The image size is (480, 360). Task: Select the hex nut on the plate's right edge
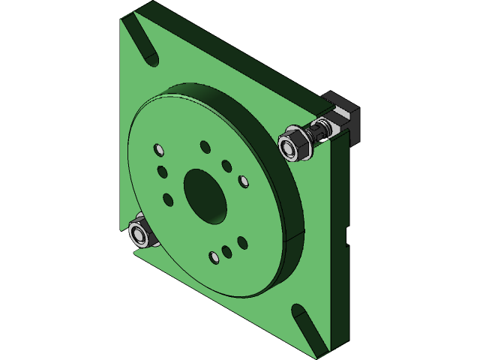pyautogui.click(x=293, y=145)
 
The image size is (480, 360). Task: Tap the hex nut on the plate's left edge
pyautogui.click(x=139, y=233)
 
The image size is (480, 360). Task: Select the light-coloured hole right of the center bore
pyautogui.click(x=243, y=181)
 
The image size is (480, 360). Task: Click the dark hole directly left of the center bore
pyautogui.click(x=167, y=199)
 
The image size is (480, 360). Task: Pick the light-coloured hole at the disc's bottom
pyautogui.click(x=214, y=258)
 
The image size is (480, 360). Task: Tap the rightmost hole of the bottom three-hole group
pyautogui.click(x=241, y=242)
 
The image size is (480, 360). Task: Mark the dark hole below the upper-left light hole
pyautogui.click(x=160, y=171)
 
